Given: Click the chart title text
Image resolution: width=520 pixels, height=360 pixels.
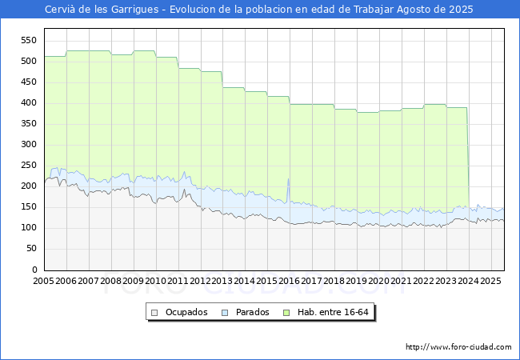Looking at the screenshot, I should tap(260, 10).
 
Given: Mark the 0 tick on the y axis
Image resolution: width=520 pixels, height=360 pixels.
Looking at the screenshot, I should tap(34, 270).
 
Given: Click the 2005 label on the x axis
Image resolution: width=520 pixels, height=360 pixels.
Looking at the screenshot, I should tap(44, 282).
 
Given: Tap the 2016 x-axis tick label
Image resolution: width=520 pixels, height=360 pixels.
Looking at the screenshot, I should tap(290, 282).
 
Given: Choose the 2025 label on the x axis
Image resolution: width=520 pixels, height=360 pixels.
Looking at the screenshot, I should tap(490, 282).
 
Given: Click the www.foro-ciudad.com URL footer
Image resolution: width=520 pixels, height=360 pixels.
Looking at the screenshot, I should tap(458, 347).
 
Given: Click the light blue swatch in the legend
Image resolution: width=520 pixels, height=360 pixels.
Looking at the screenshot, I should tap(226, 312).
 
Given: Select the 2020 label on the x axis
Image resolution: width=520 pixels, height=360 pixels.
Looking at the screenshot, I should tap(379, 282).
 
